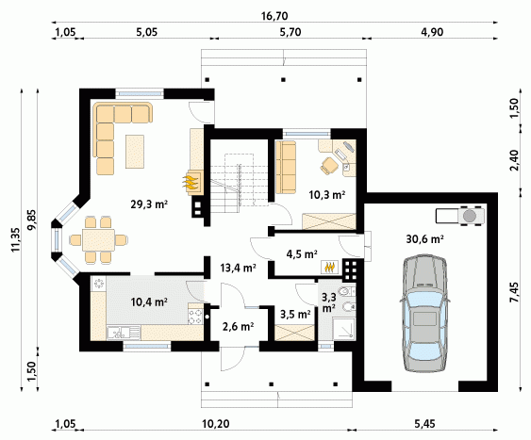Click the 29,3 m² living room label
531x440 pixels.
point(149,204)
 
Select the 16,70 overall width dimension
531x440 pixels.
point(274,16)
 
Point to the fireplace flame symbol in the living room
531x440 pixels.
point(191,182)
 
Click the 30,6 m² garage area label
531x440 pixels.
point(425,239)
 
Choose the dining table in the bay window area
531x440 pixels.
point(98,239)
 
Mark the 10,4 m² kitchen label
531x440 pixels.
point(149,301)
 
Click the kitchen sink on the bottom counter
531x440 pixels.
point(124,333)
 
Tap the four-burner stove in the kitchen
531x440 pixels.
point(195,317)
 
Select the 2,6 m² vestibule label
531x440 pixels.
point(238,326)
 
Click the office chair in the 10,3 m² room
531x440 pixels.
point(329,166)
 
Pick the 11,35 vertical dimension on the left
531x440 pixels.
point(16,239)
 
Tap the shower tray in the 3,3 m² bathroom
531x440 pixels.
point(343,329)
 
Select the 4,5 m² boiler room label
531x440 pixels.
point(302,253)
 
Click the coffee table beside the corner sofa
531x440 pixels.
point(135,152)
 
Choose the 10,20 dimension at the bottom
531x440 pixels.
point(216,423)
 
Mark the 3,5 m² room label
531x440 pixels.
point(295,314)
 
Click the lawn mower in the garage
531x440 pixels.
point(460,216)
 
